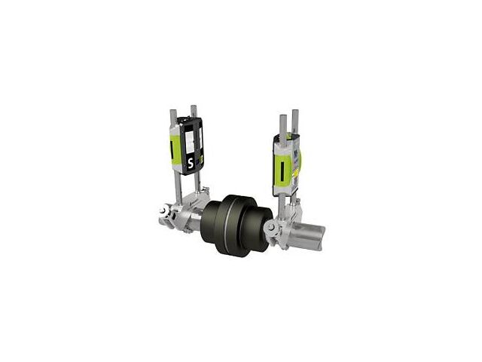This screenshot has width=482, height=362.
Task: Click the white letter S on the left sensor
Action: coord(191,163)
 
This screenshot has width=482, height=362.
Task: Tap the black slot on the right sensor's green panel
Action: coord(281,170)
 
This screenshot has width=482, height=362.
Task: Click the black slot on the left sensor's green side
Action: coord(171,150)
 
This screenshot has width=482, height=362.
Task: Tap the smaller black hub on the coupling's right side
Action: coord(258,227)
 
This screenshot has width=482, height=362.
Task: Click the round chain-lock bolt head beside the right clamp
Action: coord(270,227)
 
